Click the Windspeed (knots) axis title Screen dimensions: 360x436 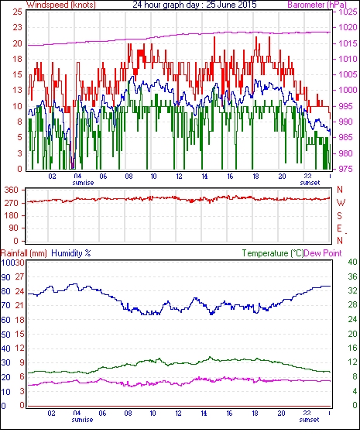click(x=60, y=5)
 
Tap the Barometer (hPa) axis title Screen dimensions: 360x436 click(x=317, y=5)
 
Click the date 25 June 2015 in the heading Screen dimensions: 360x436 click(x=231, y=5)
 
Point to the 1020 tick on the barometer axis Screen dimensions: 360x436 click(x=348, y=28)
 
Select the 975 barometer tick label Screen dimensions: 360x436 click(x=346, y=169)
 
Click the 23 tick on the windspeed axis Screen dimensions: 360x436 click(x=17, y=28)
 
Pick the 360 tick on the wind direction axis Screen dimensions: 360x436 click(x=12, y=191)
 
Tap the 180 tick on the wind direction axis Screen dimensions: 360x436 click(x=12, y=216)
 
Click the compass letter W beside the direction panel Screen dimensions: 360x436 click(x=341, y=203)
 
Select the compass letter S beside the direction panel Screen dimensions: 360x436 click(x=339, y=215)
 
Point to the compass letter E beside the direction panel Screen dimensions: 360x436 click(x=339, y=228)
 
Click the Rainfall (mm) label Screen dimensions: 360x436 click(x=24, y=253)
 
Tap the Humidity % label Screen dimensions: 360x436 click(x=71, y=253)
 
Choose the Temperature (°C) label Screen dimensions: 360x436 click(x=273, y=253)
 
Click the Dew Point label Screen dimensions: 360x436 click(x=323, y=253)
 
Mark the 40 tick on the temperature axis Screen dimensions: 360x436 click(x=352, y=262)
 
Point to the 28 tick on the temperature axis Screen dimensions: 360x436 click(x=352, y=305)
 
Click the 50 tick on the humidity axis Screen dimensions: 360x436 click(x=6, y=335)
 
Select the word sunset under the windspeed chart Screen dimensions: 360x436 click(x=310, y=183)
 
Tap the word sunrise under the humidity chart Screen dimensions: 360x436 click(x=83, y=420)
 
